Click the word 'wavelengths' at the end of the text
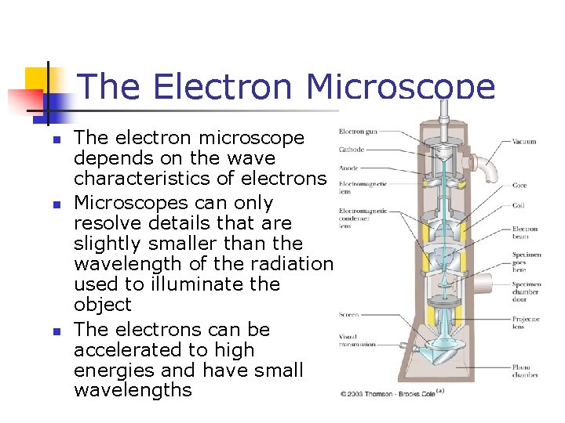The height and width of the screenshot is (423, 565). click(133, 390)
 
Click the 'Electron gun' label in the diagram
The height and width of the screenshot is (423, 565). click(357, 131)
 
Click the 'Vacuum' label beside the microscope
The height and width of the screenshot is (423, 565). click(524, 142)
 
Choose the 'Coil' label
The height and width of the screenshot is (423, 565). click(518, 206)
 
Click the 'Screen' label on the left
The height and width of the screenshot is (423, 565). click(349, 315)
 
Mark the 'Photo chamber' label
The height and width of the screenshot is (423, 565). click(525, 371)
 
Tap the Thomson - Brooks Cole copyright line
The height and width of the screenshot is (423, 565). click(387, 393)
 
